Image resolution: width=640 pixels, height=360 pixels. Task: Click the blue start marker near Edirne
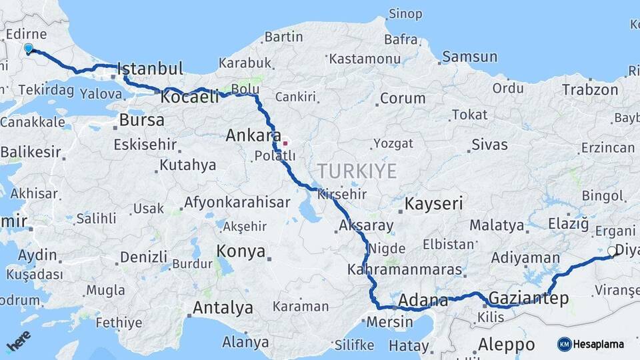29,49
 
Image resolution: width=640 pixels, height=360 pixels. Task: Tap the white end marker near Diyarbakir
611,251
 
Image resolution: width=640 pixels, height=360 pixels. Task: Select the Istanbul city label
149,69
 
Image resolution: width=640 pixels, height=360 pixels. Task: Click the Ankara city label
253,135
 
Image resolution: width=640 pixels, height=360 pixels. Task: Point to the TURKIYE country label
357,171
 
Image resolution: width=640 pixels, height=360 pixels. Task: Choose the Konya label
241,252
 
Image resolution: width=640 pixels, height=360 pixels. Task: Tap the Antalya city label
223,307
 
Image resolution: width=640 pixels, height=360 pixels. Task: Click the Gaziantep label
529,297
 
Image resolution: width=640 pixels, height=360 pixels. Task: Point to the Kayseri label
434,203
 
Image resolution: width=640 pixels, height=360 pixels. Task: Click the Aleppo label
507,345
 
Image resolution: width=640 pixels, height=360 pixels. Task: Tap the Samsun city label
469,57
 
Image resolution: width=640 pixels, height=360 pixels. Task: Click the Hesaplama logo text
598,344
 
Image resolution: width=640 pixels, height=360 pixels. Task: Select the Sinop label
405,13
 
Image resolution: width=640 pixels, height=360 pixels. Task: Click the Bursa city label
141,120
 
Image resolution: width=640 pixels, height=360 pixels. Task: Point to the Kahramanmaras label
404,269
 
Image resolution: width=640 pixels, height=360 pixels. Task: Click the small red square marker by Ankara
285,143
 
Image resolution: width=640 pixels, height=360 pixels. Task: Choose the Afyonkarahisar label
237,202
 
